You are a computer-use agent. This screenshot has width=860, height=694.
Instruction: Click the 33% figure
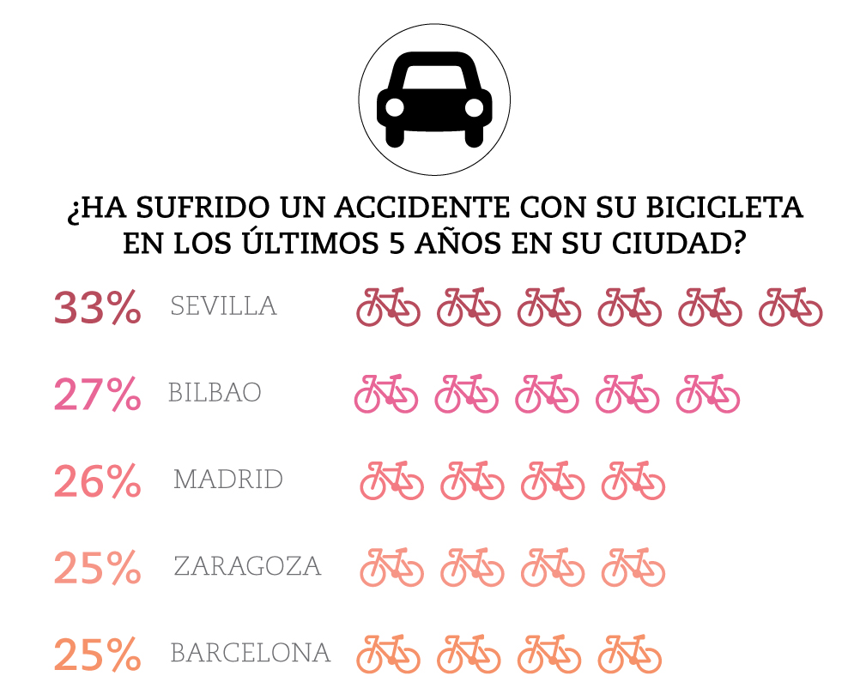(97, 308)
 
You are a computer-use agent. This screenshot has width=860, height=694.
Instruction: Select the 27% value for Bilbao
(97, 395)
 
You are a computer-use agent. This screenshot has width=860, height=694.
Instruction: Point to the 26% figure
(97, 481)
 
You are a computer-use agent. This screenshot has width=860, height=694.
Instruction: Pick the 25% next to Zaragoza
(97, 568)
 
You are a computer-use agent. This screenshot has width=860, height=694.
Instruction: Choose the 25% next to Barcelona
(97, 655)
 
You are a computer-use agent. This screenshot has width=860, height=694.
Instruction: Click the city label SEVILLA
(223, 306)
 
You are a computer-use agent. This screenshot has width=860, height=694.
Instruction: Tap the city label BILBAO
(215, 393)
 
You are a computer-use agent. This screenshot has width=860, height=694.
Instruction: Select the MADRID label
(227, 480)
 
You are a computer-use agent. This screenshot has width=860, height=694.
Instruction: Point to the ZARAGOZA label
(247, 566)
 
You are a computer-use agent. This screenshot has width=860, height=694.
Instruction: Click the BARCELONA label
(251, 653)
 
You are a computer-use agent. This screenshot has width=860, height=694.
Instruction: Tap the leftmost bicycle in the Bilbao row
(386, 394)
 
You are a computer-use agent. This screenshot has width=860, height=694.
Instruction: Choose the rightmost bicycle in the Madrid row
(633, 480)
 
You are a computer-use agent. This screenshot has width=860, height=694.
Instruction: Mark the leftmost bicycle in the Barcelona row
(388, 654)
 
